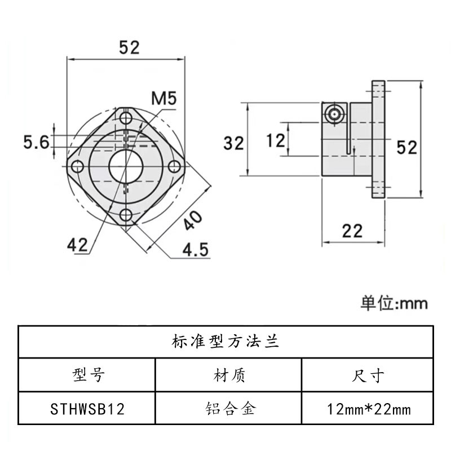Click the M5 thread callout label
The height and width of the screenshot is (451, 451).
(164, 98)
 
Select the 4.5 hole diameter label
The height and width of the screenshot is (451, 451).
(193, 249)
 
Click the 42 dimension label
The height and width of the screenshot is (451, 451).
(77, 244)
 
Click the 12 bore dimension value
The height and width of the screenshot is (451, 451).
(276, 140)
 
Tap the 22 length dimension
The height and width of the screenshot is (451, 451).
(352, 231)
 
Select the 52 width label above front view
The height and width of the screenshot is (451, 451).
(129, 47)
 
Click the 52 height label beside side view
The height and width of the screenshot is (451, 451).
(406, 148)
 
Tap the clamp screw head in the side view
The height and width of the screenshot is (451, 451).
(335, 113)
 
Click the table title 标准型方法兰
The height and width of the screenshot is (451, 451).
(225, 342)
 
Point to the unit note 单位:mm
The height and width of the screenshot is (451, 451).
(394, 304)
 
